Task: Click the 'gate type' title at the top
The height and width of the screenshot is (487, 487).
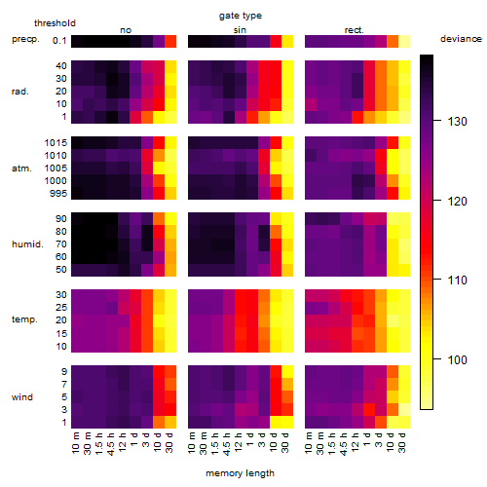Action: click(241, 16)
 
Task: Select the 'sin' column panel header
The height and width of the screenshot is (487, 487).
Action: click(240, 30)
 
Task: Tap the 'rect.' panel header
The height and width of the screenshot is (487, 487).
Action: click(355, 30)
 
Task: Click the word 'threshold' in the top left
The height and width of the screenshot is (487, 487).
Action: click(55, 23)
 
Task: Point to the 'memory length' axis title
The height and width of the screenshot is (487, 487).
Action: click(241, 473)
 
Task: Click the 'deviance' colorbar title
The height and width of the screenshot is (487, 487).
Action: click(461, 39)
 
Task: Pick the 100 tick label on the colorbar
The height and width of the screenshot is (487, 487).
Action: click(457, 359)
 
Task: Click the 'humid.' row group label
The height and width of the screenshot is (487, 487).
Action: click(27, 244)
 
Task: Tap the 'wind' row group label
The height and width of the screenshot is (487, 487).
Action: click(22, 397)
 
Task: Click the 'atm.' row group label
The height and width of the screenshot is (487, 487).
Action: click(21, 169)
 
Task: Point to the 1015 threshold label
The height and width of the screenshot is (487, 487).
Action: click(56, 143)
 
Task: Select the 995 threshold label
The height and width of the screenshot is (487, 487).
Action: click(58, 194)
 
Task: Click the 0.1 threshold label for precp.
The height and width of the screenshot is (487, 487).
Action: click(59, 41)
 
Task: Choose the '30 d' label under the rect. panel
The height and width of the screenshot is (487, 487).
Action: click(402, 442)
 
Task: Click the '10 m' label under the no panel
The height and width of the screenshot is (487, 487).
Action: click(75, 442)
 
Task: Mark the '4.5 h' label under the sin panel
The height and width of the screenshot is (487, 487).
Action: click(227, 443)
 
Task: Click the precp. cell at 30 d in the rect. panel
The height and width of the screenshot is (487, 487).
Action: click(404, 41)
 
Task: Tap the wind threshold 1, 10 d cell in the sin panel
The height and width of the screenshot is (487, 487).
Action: click(276, 422)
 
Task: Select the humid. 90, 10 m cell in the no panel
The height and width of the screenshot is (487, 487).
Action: click(77, 219)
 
